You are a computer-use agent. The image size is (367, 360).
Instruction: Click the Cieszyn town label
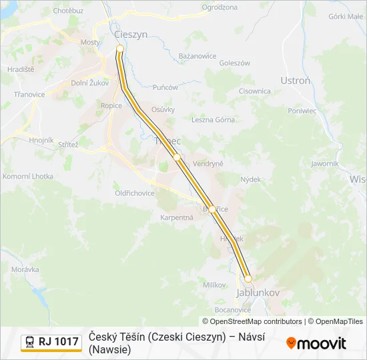click(130, 35)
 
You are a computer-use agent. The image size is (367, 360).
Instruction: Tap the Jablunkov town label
click(257, 293)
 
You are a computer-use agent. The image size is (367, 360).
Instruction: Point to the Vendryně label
click(208, 163)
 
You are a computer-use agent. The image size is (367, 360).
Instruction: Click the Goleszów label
click(234, 63)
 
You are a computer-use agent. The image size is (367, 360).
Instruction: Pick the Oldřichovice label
click(135, 193)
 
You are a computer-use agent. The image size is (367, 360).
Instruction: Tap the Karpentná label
click(177, 217)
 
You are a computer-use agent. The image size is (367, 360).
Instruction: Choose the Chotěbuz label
click(68, 11)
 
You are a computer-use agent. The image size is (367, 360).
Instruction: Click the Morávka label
click(26, 269)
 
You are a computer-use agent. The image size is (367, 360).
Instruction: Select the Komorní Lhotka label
click(28, 176)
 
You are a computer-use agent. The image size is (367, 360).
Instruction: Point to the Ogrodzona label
click(219, 7)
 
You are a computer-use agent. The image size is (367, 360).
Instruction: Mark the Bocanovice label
click(233, 309)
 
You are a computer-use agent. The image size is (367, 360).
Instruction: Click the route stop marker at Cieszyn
click(120, 49)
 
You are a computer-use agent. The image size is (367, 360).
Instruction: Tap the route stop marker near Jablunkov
click(248, 279)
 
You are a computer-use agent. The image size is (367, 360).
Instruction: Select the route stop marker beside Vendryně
click(177, 157)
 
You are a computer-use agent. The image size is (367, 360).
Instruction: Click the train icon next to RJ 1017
click(30, 342)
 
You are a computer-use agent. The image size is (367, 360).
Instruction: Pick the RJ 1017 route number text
click(58, 342)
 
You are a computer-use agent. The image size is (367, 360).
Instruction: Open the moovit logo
click(316, 343)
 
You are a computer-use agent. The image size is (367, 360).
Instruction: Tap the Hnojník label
click(41, 140)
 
